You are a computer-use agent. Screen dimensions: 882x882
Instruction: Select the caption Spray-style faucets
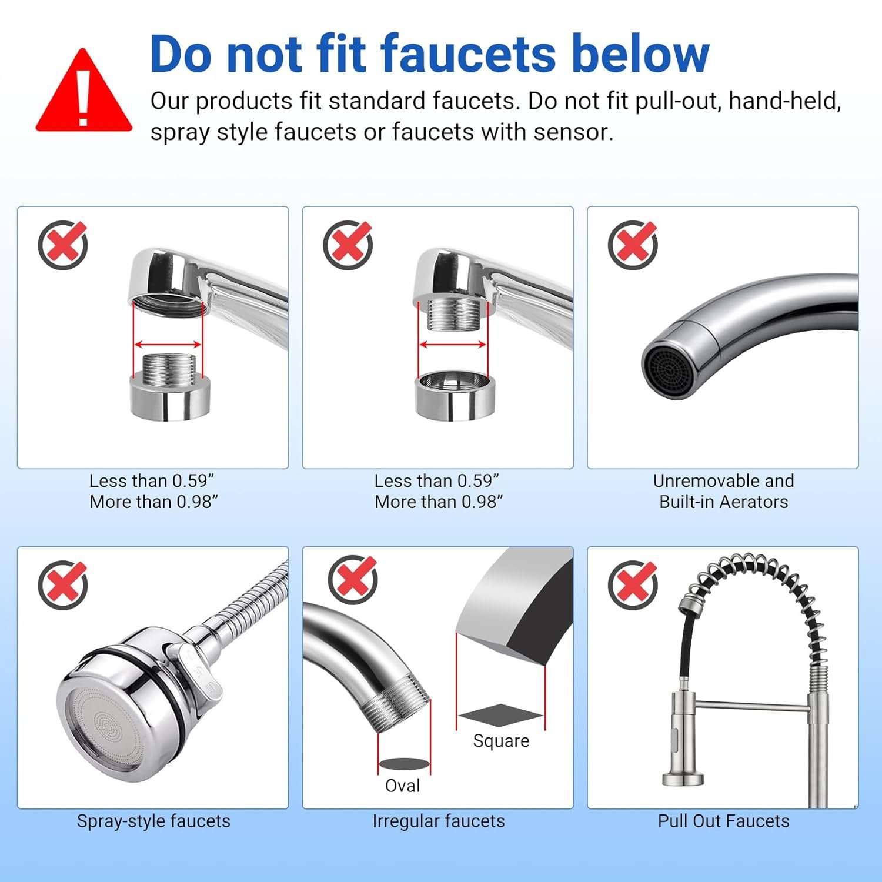[153, 821]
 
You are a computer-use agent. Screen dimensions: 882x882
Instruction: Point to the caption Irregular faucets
[439, 821]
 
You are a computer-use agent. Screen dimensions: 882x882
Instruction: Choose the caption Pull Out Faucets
[723, 821]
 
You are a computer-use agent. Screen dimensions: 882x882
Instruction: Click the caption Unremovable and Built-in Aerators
[723, 491]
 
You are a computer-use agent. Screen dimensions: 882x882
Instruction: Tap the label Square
[501, 741]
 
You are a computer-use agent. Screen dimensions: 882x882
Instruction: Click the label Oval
[403, 786]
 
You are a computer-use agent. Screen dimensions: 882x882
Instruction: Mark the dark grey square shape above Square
[500, 715]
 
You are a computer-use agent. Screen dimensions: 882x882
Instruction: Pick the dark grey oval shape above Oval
[404, 764]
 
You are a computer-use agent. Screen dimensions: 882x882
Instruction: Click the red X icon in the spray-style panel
[64, 584]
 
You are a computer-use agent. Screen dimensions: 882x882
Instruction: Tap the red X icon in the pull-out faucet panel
[633, 584]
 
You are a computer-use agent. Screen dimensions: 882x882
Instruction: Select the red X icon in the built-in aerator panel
[633, 245]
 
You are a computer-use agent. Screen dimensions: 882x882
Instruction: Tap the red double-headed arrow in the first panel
[169, 345]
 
